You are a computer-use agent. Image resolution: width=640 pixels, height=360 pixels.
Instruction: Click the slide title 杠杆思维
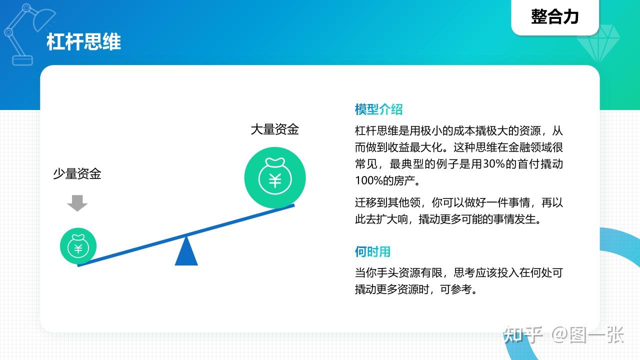click(x=83, y=42)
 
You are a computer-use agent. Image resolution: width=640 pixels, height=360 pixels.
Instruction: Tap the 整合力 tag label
click(x=555, y=16)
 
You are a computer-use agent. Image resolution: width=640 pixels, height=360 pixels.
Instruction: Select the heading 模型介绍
click(x=378, y=109)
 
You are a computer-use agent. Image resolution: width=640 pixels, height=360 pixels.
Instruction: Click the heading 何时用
click(x=372, y=251)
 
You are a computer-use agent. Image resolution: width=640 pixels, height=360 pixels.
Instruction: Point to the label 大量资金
click(x=275, y=129)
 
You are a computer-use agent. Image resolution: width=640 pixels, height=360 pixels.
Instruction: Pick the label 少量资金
click(x=77, y=173)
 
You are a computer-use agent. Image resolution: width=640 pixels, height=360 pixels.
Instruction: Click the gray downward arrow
click(x=77, y=203)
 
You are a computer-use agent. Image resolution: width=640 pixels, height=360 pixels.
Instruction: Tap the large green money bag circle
click(x=275, y=177)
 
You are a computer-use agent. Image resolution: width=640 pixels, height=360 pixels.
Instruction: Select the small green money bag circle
click(x=78, y=246)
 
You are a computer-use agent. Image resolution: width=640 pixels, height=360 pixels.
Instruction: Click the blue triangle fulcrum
click(x=186, y=251)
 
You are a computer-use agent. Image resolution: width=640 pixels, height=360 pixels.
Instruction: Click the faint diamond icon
click(x=598, y=43)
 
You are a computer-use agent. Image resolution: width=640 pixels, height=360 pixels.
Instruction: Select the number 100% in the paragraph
click(x=368, y=180)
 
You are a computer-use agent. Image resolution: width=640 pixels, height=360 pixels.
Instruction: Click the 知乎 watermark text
click(x=523, y=335)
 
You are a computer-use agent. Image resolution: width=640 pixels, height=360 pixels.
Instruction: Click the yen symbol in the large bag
click(x=275, y=180)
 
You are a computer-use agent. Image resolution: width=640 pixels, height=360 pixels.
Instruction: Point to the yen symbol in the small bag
click(x=78, y=249)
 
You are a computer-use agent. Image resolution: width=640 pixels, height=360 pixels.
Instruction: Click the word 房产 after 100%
click(x=404, y=180)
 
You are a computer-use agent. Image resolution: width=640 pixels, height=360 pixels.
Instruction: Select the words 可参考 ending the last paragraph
click(x=456, y=289)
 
